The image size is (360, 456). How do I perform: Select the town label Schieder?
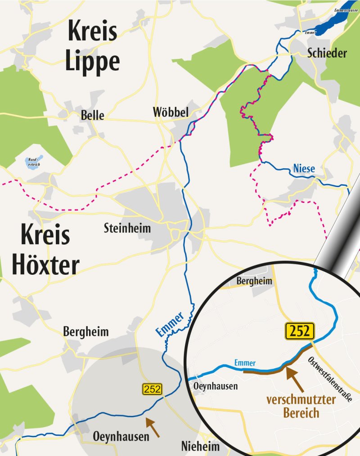click(327, 53)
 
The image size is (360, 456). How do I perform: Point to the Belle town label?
click(92, 115)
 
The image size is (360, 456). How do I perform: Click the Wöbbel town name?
click(171, 112)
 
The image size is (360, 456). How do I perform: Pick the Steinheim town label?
click(127, 228)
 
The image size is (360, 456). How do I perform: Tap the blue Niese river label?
click(304, 169)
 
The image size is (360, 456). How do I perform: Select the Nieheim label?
click(200, 447)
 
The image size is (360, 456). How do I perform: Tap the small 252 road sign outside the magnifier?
click(152, 389)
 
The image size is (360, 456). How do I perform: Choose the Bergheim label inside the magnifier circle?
click(254, 281)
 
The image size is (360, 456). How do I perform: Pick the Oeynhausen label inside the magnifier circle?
click(215, 386)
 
